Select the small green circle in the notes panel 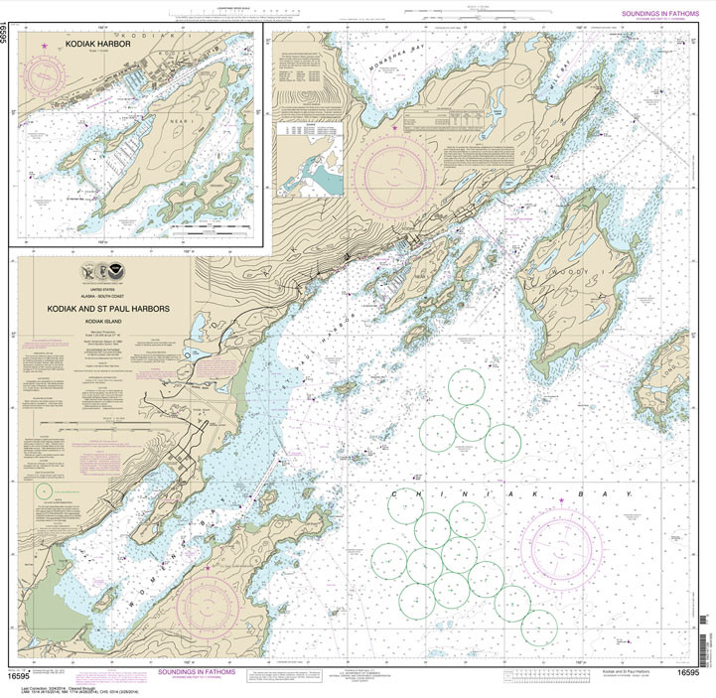(43, 489)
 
